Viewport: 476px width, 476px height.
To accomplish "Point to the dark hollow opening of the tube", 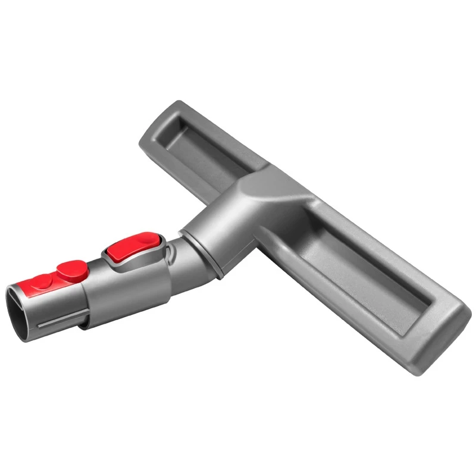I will click(x=23, y=315).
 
